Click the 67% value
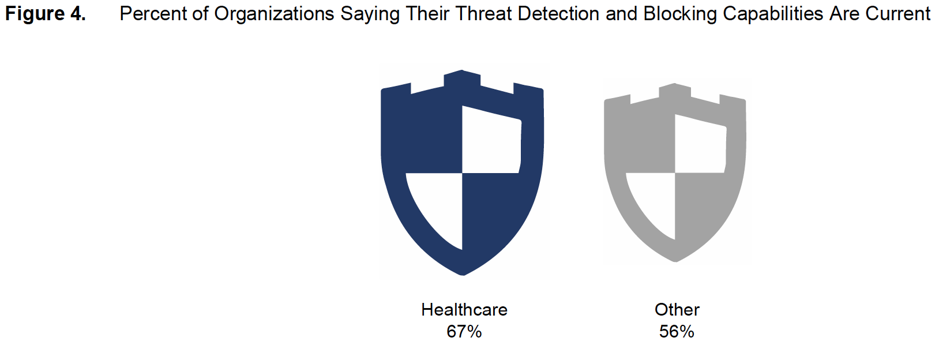click(x=464, y=332)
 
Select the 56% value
click(x=677, y=332)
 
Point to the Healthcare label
click(x=464, y=310)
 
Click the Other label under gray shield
click(x=677, y=310)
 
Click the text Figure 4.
click(x=45, y=14)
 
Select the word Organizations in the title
click(x=274, y=14)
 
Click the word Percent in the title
click(x=153, y=14)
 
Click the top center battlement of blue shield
click(x=462, y=79)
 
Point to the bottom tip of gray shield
click(x=675, y=261)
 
